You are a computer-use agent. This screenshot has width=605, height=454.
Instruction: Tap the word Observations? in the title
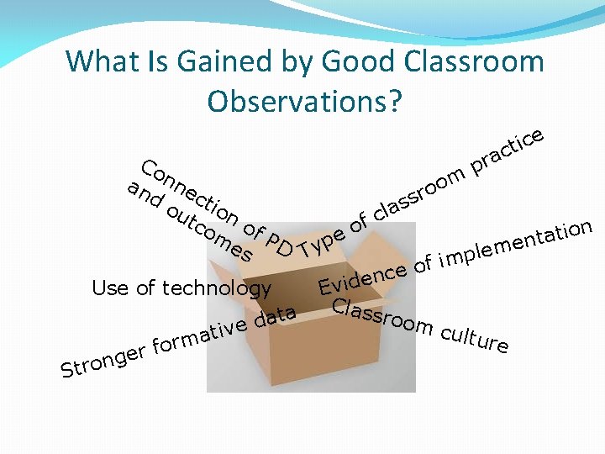pyautogui.click(x=305, y=101)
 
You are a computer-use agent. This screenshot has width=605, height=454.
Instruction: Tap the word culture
pyautogui.click(x=474, y=335)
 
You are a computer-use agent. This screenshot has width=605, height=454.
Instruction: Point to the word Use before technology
pyautogui.click(x=110, y=288)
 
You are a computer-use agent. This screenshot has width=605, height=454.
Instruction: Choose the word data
pyautogui.click(x=275, y=318)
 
